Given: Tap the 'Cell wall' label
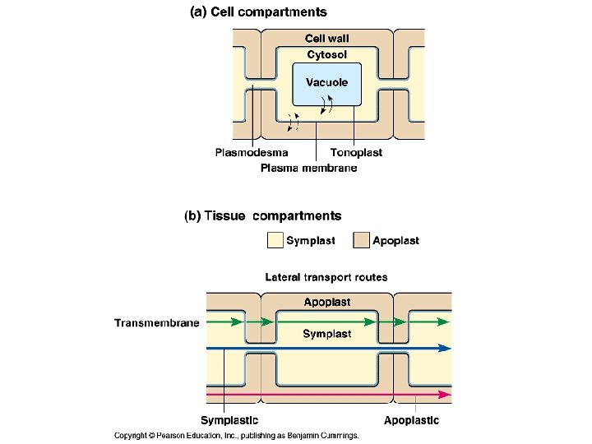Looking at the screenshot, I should pyautogui.click(x=326, y=39).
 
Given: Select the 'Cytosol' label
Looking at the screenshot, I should pyautogui.click(x=326, y=54).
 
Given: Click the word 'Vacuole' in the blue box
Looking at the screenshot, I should pyautogui.click(x=326, y=82).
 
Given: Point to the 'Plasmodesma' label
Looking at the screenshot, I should pyautogui.click(x=252, y=152).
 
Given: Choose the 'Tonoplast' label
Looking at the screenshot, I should pyautogui.click(x=356, y=152).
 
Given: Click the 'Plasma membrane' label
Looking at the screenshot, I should pyautogui.click(x=308, y=168).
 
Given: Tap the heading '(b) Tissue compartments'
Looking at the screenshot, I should pyautogui.click(x=262, y=216).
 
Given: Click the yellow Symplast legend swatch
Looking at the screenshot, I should pyautogui.click(x=275, y=240).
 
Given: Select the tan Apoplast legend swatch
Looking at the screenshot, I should pyautogui.click(x=361, y=240).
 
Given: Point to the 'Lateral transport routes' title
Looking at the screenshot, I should pyautogui.click(x=326, y=277).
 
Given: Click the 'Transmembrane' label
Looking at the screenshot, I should pyautogui.click(x=156, y=323).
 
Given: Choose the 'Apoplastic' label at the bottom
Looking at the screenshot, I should pyautogui.click(x=411, y=420).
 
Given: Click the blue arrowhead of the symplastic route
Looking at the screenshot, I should pyautogui.click(x=445, y=349).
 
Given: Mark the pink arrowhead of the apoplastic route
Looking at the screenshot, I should pyautogui.click(x=445, y=395).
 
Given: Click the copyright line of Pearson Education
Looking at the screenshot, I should pyautogui.click(x=236, y=436).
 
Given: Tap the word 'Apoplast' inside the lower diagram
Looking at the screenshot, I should pyautogui.click(x=326, y=303).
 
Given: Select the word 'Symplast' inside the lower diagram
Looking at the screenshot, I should pyautogui.click(x=326, y=334).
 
